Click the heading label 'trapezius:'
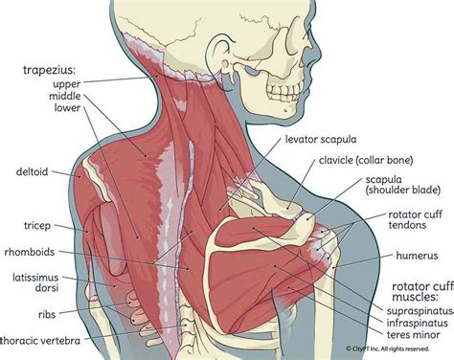50,69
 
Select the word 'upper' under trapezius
64,83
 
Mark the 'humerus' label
417,258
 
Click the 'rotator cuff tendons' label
418,223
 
